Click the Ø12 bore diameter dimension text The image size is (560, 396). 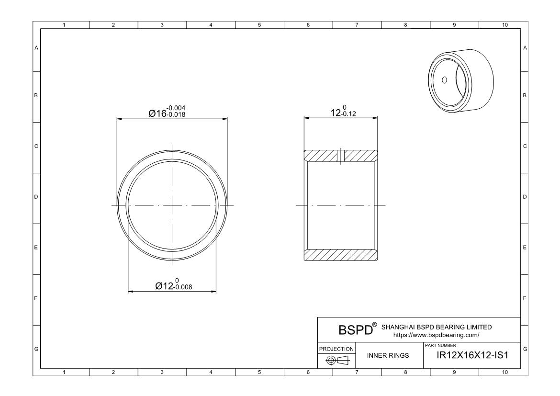tap(165, 286)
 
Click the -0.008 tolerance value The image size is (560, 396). tap(183, 288)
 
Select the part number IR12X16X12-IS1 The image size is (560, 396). tap(472, 355)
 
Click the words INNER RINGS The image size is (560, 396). tap(388, 356)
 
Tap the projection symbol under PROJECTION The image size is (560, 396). tap(337, 360)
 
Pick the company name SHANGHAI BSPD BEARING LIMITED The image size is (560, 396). tap(436, 327)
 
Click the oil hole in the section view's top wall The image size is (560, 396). tap(341, 156)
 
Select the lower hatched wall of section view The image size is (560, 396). tap(341, 255)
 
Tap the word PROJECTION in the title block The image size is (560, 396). tap(337, 349)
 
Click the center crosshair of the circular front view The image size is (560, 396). tap(172, 205)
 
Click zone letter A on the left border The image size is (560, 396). tap(36, 47)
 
